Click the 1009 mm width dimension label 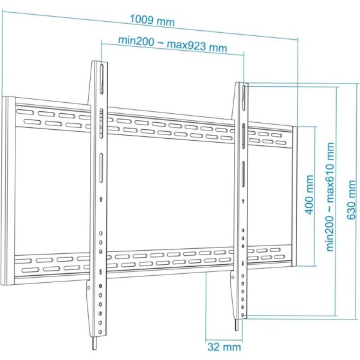tap(152, 20)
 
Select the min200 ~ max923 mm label tap(173, 44)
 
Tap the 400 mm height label tap(310, 195)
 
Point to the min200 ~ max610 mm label tap(330, 197)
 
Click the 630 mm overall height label tap(351, 200)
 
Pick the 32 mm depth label tap(224, 346)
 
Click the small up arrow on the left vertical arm tap(101, 199)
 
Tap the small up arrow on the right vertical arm tap(243, 201)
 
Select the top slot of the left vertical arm tap(102, 78)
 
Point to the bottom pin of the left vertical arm tap(94, 343)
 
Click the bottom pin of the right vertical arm tap(237, 325)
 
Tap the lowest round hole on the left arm tap(100, 332)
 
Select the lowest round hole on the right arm tap(242, 315)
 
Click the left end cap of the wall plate tap(8, 190)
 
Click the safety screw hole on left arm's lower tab tap(89, 287)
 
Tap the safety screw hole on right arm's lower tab tap(233, 277)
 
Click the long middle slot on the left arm tap(101, 168)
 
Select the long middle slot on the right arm tap(243, 174)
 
